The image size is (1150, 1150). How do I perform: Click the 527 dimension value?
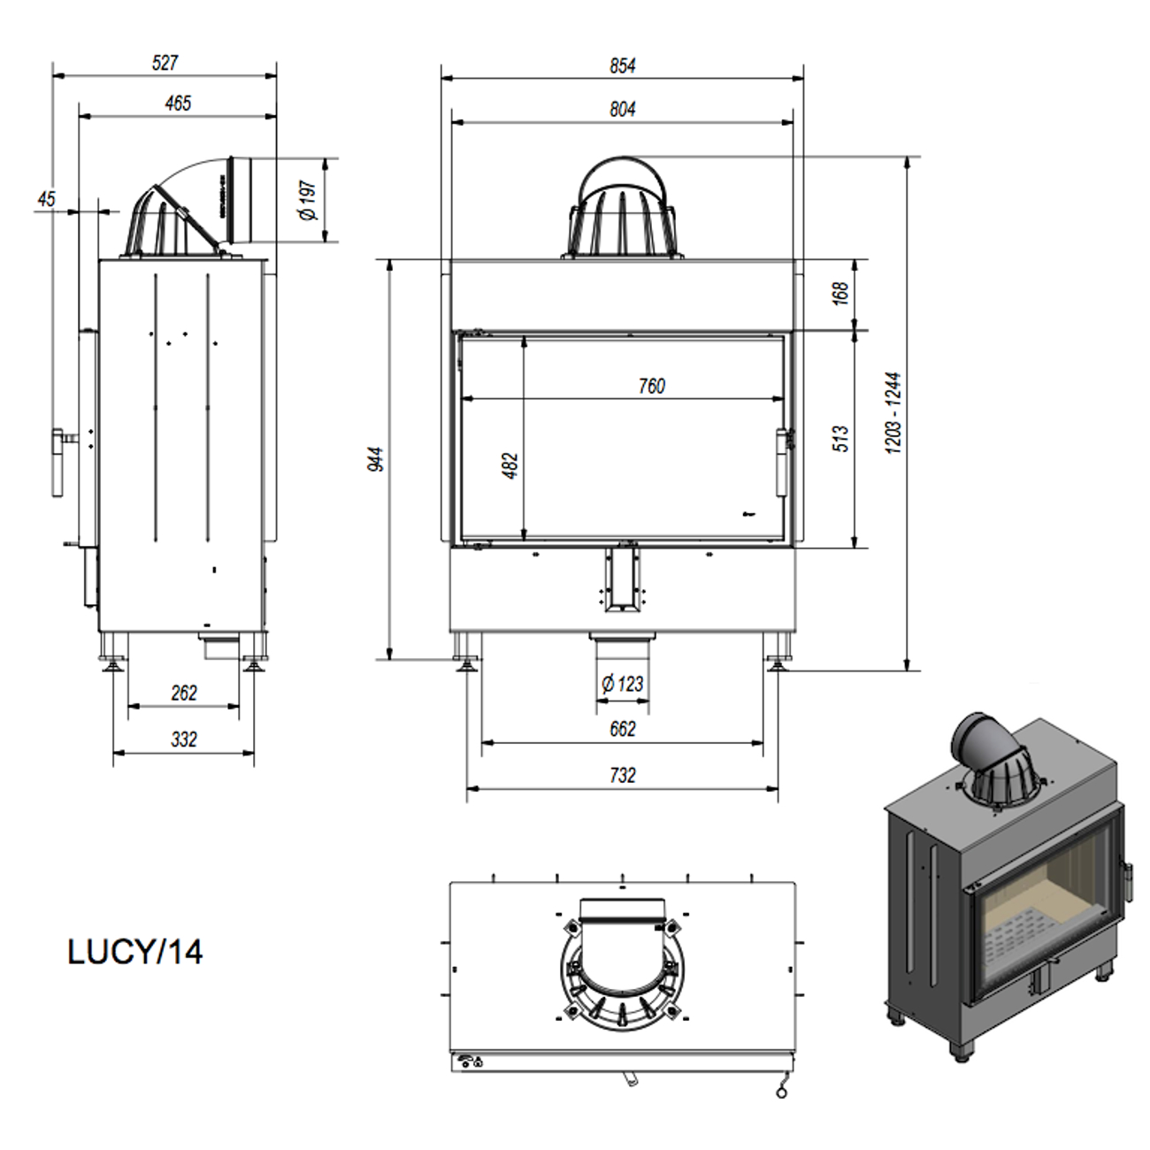tap(165, 63)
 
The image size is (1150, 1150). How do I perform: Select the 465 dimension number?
tap(178, 103)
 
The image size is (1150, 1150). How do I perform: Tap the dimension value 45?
tap(46, 199)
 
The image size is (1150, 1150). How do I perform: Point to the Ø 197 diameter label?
tap(308, 201)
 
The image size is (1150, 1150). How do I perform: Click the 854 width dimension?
tap(622, 65)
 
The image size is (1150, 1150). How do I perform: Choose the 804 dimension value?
tap(622, 109)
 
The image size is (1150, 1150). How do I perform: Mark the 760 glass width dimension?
tap(651, 386)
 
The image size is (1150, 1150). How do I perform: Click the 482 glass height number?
tap(510, 465)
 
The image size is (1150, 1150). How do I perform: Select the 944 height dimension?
tap(376, 459)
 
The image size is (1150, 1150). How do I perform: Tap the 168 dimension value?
tap(840, 293)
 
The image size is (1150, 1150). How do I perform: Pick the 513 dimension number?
tap(840, 438)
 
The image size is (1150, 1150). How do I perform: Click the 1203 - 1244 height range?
tap(893, 413)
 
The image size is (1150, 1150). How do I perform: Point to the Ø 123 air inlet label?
tap(622, 684)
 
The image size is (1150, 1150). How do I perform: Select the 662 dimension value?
tap(622, 729)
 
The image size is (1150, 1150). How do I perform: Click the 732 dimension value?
tap(622, 775)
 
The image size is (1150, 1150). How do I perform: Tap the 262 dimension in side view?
tap(184, 693)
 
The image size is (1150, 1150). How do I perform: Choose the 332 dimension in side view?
tap(184, 740)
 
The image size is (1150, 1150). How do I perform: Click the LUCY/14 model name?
tap(135, 952)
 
